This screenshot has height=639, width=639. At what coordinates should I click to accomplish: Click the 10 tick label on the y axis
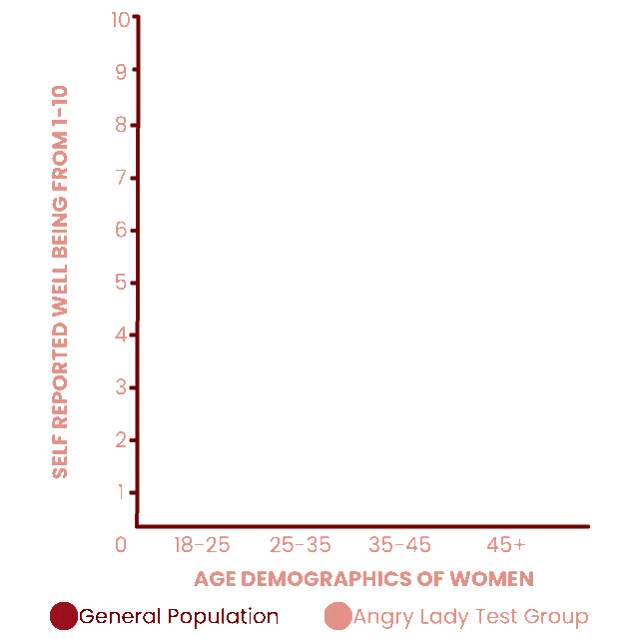[x=121, y=19]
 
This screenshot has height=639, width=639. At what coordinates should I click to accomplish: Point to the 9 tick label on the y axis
[x=122, y=72]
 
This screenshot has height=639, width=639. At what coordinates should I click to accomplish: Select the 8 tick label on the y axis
[x=122, y=125]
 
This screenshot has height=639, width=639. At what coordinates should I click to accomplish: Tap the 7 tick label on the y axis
[x=122, y=178]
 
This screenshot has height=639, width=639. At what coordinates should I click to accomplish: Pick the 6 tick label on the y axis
[x=122, y=230]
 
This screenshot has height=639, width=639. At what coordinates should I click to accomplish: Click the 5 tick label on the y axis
[x=122, y=283]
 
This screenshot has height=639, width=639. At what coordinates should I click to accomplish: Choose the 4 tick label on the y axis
[x=122, y=335]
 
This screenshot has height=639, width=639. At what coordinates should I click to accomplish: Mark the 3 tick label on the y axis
[x=122, y=387]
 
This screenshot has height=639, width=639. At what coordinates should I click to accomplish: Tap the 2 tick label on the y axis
[x=122, y=440]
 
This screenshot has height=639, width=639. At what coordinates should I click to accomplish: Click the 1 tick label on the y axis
[x=122, y=492]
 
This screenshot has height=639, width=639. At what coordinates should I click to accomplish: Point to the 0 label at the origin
[x=121, y=545]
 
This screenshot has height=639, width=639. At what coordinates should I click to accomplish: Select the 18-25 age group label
[x=202, y=545]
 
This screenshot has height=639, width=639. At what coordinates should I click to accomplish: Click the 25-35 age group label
[x=300, y=545]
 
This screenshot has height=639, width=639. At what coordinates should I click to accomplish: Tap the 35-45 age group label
[x=399, y=545]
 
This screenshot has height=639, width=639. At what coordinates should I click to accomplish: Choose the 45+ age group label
[x=505, y=545]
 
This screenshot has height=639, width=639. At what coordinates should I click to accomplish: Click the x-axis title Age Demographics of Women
[x=363, y=579]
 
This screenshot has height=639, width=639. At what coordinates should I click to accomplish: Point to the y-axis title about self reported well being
[x=60, y=282]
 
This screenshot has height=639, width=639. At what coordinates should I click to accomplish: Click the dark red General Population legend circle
[x=63, y=617]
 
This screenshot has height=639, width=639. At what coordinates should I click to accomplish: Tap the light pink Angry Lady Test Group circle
[x=338, y=617]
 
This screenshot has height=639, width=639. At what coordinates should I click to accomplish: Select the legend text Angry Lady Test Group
[x=470, y=617]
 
